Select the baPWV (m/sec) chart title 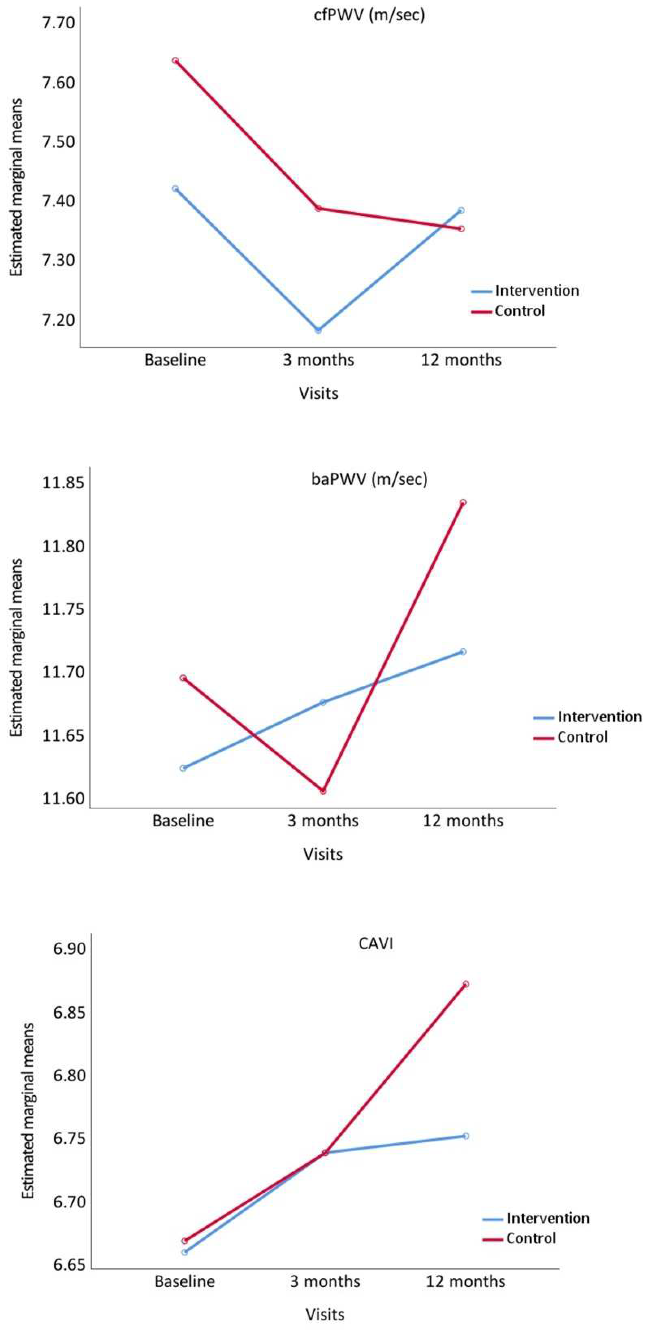click(x=369, y=479)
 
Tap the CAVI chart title click(x=376, y=944)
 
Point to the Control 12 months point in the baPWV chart click(x=463, y=502)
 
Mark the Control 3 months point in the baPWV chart click(x=323, y=791)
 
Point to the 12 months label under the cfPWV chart click(x=461, y=360)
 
